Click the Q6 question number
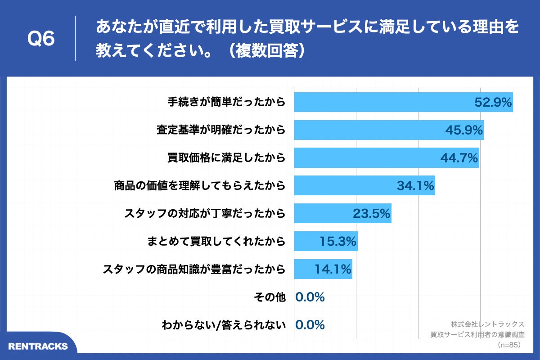(41, 39)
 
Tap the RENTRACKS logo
(38, 346)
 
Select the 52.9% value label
(493, 103)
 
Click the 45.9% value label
(464, 130)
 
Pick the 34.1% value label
(415, 185)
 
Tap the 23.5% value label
(371, 213)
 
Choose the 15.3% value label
(338, 241)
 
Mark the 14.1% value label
(333, 269)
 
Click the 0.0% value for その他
(310, 297)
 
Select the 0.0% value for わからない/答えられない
(310, 324)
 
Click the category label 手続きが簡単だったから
(226, 102)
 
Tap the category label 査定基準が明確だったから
(221, 130)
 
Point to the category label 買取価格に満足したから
(226, 158)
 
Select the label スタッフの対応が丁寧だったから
(205, 213)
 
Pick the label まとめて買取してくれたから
(216, 241)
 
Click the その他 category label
(269, 297)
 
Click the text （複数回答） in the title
(266, 50)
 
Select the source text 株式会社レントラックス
(487, 324)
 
